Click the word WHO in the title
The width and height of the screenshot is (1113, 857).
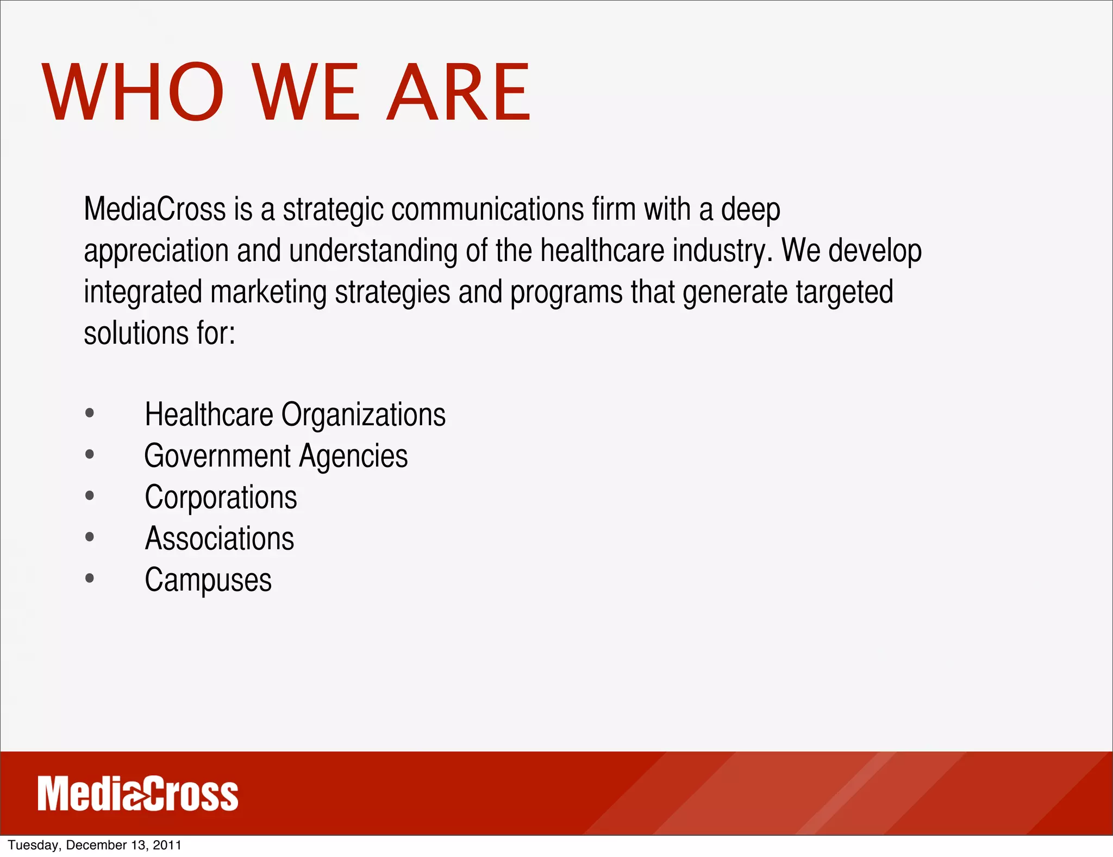[x=133, y=92]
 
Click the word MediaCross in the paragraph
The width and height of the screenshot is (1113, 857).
[x=155, y=209]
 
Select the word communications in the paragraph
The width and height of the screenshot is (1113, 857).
[x=487, y=209]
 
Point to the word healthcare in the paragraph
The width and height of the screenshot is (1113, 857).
[x=602, y=251]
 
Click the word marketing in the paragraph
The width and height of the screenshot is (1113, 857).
[x=268, y=292]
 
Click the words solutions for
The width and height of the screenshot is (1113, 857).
[x=159, y=333]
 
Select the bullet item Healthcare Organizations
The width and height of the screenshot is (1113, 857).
[x=295, y=414]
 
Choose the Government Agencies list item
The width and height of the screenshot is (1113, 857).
[x=276, y=456]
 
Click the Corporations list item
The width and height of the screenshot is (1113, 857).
[x=221, y=497]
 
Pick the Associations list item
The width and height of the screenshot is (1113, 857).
[x=219, y=538]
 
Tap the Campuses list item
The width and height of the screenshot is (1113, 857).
[x=208, y=580]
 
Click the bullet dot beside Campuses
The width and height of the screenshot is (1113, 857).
[x=90, y=579]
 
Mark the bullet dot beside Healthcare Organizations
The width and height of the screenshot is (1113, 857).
[x=90, y=413]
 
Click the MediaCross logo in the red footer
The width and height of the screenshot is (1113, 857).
[x=138, y=794]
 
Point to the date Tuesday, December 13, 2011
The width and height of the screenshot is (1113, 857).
[x=95, y=845]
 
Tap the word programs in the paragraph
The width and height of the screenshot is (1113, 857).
[x=566, y=292]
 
